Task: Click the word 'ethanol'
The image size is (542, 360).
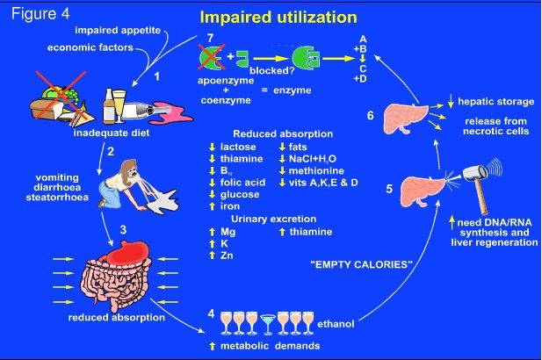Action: pyautogui.click(x=336, y=324)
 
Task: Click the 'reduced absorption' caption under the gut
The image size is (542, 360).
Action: pyautogui.click(x=117, y=317)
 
